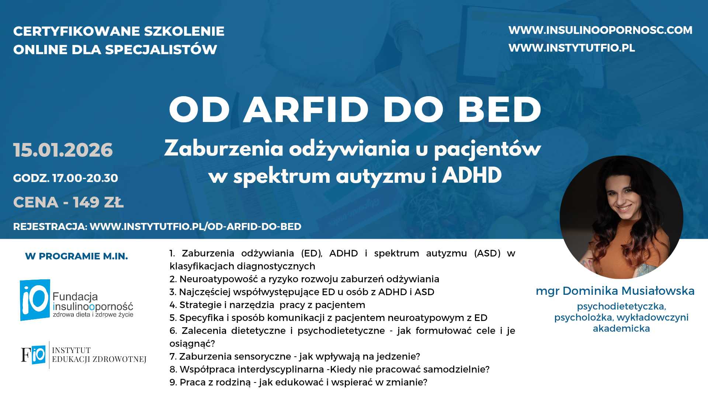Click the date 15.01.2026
pyautogui.click(x=63, y=150)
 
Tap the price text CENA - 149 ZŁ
pyautogui.click(x=69, y=202)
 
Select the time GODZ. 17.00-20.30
pyautogui.click(x=66, y=178)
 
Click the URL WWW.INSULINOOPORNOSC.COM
pyautogui.click(x=600, y=30)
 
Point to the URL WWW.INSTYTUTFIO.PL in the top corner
pyautogui.click(x=572, y=48)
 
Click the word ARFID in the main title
pyautogui.click(x=306, y=110)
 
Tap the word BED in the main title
pyautogui.click(x=500, y=110)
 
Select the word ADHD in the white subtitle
pyautogui.click(x=472, y=175)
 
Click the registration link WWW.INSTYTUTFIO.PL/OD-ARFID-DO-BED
pyautogui.click(x=195, y=227)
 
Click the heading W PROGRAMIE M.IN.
pyautogui.click(x=76, y=256)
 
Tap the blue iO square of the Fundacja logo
pyautogui.click(x=35, y=300)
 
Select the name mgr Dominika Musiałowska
pyautogui.click(x=615, y=291)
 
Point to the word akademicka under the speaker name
pyautogui.click(x=621, y=329)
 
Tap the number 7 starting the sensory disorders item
pyautogui.click(x=173, y=357)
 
